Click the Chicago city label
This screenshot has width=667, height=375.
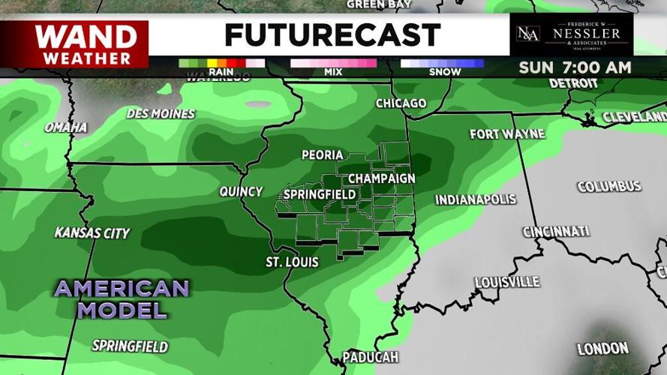[401, 103]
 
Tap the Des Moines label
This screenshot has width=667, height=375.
[161, 114]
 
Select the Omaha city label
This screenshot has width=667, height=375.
[65, 127]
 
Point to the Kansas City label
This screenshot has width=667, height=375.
[92, 233]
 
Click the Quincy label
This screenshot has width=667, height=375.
[241, 191]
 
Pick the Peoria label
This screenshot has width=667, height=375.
[322, 155]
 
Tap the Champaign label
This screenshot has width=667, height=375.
[381, 178]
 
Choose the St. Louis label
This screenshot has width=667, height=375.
[292, 262]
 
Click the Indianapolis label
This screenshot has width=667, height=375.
[476, 199]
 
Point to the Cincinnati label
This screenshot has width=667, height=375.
[555, 231]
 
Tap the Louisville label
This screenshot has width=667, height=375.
[506, 282]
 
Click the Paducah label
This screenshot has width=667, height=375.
[370, 357]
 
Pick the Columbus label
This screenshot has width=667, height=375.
[608, 186]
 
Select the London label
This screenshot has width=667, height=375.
[602, 348]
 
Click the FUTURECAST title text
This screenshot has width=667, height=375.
[332, 34]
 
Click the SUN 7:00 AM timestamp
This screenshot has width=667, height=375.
[574, 67]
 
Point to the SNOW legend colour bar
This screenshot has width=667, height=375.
[441, 63]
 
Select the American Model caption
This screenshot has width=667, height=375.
[122, 298]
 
